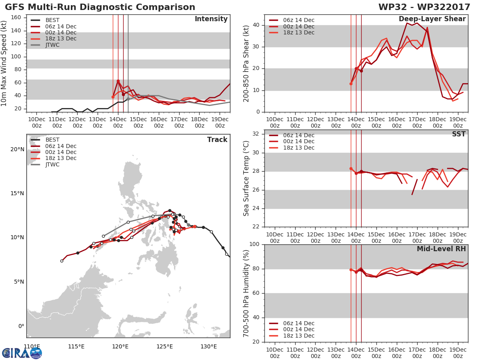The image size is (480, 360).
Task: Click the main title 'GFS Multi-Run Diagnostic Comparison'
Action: [100, 7]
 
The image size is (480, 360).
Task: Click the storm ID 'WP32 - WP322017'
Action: [424, 7]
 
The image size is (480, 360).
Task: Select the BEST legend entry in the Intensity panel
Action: [45, 20]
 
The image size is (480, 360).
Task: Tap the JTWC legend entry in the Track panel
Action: [45, 164]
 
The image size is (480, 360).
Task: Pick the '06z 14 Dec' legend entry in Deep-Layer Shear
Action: [292, 20]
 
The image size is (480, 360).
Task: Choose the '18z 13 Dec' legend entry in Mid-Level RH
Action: [292, 336]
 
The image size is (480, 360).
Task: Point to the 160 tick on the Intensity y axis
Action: [16, 18]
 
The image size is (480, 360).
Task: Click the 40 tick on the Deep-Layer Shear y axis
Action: [256, 25]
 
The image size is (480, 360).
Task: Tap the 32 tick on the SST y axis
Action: [256, 134]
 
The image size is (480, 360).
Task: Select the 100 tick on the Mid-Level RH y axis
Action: [254, 244]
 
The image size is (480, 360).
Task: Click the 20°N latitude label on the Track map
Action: [17, 149]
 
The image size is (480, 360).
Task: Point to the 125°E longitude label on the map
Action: [164, 346]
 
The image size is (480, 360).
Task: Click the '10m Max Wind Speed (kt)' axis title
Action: [4, 63]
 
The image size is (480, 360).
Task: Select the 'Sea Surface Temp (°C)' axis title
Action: [246, 178]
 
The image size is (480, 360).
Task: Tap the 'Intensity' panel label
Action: [211, 19]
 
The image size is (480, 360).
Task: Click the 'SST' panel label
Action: [459, 134]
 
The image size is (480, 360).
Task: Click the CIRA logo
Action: [22, 353]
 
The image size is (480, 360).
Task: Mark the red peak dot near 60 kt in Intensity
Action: [118, 81]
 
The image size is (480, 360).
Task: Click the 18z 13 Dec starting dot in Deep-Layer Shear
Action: [351, 84]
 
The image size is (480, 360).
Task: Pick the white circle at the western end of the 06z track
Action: [62, 261]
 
